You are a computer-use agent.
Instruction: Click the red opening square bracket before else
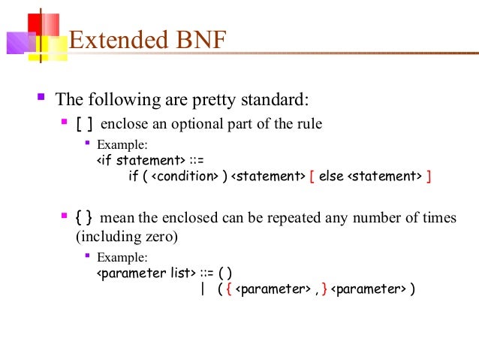(312, 177)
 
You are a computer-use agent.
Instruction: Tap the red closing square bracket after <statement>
(428, 177)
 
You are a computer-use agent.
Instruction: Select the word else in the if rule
(330, 177)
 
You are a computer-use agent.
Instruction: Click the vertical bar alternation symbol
(203, 289)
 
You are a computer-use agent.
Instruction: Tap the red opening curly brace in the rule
(228, 289)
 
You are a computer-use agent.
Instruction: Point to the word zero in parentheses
(160, 236)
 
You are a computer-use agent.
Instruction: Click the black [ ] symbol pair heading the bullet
(85, 124)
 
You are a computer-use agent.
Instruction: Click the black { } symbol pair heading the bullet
(84, 218)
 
